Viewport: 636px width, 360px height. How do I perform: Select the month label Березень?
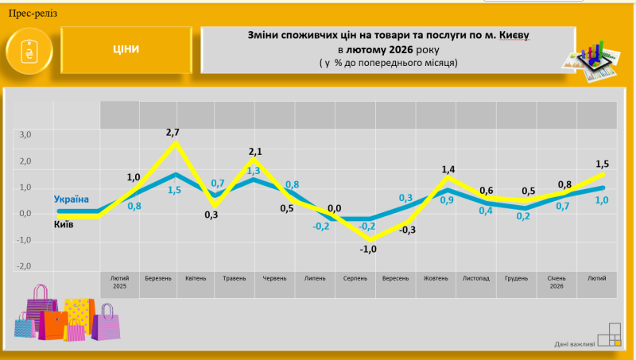pos(158,279)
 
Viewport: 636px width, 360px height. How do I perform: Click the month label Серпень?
pos(355,279)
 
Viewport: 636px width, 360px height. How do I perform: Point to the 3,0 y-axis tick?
pos(25,135)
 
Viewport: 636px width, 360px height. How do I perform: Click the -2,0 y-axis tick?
pos(24,265)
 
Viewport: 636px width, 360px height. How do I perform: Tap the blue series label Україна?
pos(72,199)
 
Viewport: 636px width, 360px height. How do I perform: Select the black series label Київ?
pos(64,225)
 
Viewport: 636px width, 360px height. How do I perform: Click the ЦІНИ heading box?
pos(126,49)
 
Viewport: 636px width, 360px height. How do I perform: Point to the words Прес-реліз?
pos(33,14)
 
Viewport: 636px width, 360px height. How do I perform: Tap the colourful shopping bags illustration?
pos(67,315)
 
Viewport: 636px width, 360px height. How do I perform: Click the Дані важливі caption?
pos(575,344)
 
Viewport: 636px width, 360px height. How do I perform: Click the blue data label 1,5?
pos(174,191)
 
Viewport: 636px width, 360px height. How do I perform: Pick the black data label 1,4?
pos(448,169)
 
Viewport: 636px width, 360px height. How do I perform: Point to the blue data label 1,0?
pos(601,200)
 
